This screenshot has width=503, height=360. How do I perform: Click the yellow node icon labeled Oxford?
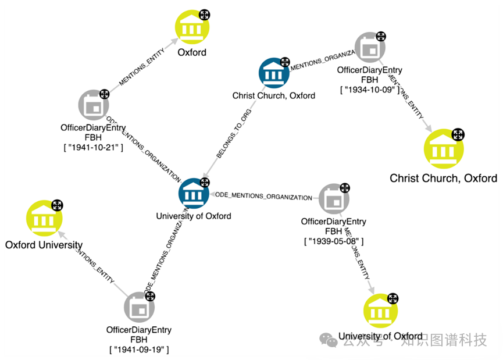[192, 27]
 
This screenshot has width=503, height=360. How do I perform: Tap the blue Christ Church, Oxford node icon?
[274, 74]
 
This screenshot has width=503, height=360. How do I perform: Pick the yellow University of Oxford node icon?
[381, 311]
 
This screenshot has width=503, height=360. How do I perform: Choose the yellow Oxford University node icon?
[44, 218]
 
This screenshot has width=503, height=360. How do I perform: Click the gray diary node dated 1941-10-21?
[94, 105]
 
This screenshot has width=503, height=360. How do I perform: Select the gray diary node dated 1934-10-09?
[370, 48]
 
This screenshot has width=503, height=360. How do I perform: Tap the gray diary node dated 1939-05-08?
[334, 199]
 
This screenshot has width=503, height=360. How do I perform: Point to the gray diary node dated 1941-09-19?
[139, 307]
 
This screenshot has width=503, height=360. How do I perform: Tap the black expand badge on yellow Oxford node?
[205, 15]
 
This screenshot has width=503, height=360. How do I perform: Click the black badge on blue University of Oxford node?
[205, 183]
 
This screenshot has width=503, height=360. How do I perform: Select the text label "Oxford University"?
[44, 245]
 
